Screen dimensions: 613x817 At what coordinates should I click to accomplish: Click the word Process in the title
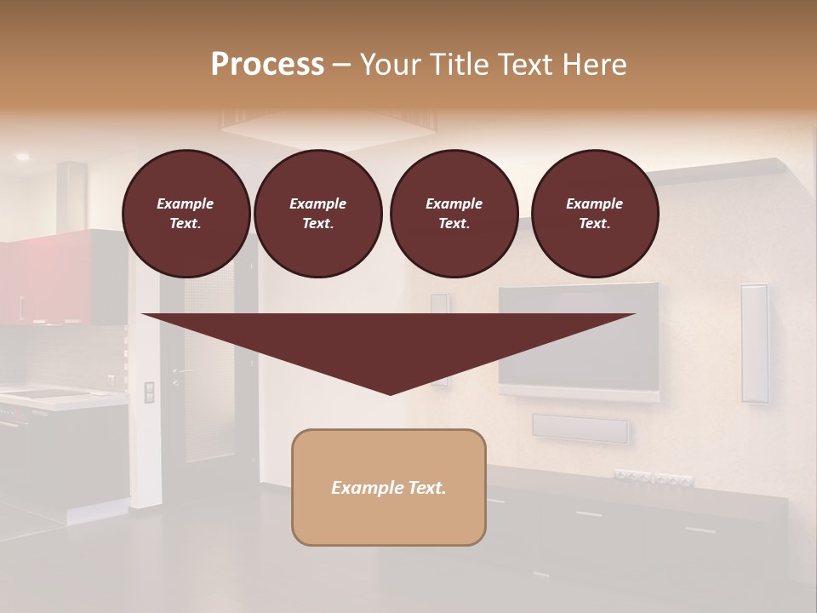(267, 64)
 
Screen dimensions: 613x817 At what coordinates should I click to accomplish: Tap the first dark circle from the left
(186, 214)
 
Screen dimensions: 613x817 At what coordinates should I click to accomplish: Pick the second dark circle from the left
(317, 214)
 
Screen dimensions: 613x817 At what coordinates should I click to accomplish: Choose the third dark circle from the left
(454, 214)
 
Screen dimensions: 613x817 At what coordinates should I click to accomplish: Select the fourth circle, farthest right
(594, 214)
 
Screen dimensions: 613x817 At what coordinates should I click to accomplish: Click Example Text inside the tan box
(389, 488)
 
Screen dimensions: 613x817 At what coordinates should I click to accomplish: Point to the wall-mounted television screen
(579, 335)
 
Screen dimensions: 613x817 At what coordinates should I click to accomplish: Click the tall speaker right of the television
(754, 342)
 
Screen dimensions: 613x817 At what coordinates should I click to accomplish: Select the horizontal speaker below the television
(580, 428)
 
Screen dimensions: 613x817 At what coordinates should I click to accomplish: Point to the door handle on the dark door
(180, 372)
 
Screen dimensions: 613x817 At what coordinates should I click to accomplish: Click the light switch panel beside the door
(150, 392)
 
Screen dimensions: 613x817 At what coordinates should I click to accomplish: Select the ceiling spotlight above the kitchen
(22, 158)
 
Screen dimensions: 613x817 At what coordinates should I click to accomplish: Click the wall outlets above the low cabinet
(654, 478)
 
